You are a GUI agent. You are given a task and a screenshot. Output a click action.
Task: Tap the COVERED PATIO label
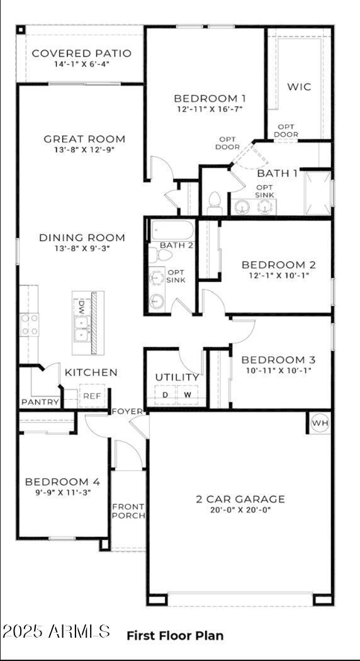click(x=81, y=54)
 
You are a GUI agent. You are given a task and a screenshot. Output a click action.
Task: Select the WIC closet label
click(x=299, y=87)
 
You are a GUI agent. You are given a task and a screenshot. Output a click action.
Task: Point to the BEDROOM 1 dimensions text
click(x=210, y=110)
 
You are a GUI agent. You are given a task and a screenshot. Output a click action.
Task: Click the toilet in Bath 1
click(x=214, y=203)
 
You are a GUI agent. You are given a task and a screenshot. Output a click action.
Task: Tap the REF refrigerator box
click(x=92, y=396)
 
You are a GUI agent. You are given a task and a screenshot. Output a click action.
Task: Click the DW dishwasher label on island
click(x=81, y=307)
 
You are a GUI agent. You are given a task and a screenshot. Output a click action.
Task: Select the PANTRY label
click(x=40, y=402)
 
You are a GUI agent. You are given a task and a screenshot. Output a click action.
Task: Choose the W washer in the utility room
click(x=188, y=395)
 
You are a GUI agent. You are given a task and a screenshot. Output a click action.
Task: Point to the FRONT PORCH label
click(x=128, y=511)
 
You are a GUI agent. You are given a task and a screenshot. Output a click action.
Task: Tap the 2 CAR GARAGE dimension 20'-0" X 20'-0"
click(x=240, y=511)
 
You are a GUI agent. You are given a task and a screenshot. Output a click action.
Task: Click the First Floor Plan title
click(x=175, y=635)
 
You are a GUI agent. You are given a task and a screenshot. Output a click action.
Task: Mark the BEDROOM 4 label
click(x=62, y=482)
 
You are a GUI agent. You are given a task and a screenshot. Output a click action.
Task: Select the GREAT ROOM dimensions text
click(x=84, y=150)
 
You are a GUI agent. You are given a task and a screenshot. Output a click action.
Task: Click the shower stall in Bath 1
click(x=317, y=192)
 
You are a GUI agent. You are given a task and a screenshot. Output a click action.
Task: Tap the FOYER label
click(x=127, y=411)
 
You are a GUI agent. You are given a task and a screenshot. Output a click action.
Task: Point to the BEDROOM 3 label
click(x=278, y=359)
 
